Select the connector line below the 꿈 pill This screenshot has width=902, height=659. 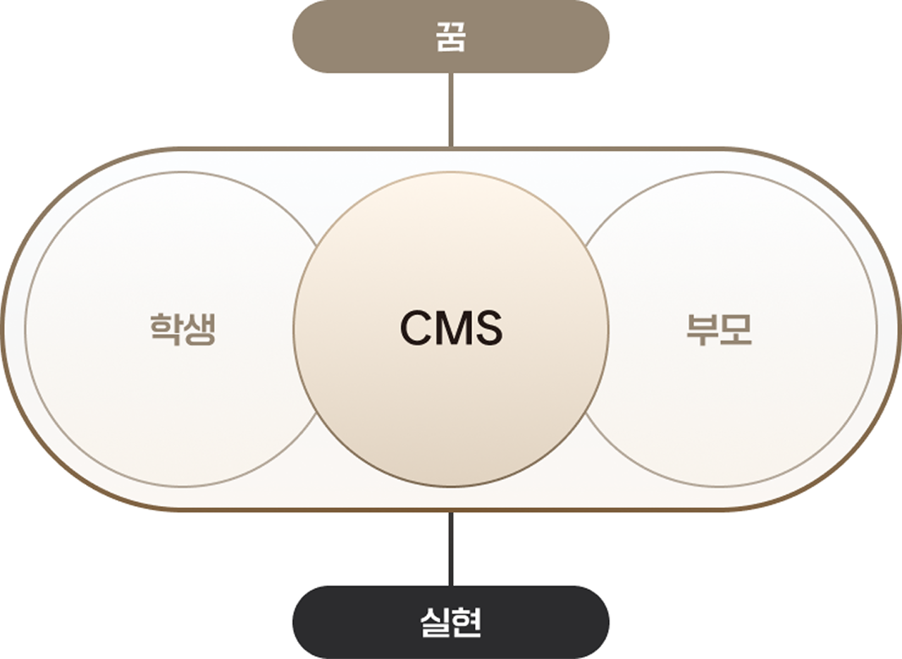click(451, 110)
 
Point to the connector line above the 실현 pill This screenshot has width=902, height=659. click(451, 548)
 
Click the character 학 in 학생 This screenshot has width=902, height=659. click(166, 329)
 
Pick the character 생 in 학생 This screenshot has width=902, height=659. click(199, 329)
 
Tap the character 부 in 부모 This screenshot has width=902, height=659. click(703, 329)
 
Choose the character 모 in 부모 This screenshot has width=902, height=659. click(736, 329)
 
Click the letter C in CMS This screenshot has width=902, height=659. click(416, 328)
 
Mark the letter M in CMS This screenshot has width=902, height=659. click(452, 328)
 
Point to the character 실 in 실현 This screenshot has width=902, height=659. click(435, 622)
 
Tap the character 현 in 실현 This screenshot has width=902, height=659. click(466, 622)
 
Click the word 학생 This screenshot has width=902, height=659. click(183, 329)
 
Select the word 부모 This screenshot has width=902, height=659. click(719, 329)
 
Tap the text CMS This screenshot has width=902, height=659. click(451, 328)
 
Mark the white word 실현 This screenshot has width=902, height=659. click(450, 622)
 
